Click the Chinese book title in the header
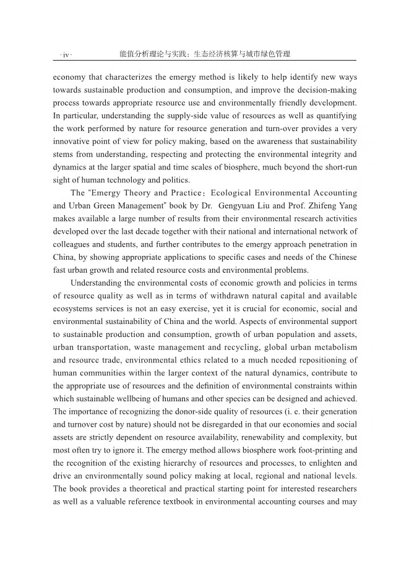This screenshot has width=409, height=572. coord(205,54)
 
